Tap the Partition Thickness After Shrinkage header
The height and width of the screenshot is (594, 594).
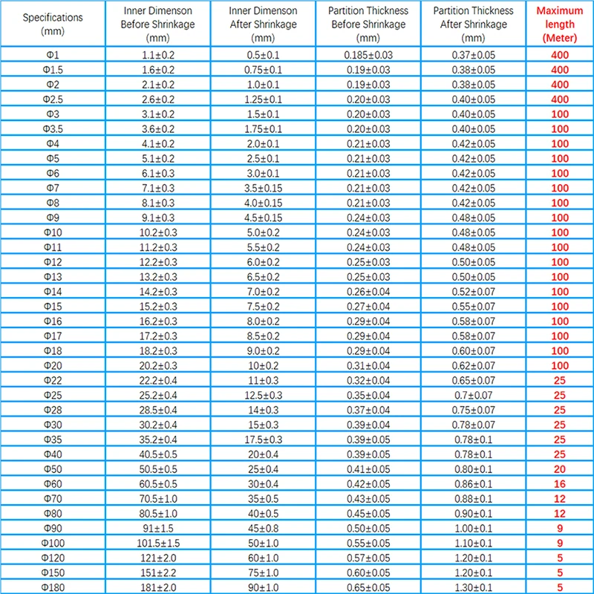473,24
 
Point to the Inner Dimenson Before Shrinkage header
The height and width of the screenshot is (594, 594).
157,24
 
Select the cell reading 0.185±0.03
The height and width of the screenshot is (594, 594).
368,55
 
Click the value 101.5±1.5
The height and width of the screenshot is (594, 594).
157,543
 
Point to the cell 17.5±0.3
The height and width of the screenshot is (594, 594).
264,440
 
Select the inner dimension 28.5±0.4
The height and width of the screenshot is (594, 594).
157,410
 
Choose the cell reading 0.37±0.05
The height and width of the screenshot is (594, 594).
473,55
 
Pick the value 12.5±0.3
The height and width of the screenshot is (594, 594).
264,395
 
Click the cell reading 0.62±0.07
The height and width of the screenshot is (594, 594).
473,365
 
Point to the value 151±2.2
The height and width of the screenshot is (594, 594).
157,572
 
